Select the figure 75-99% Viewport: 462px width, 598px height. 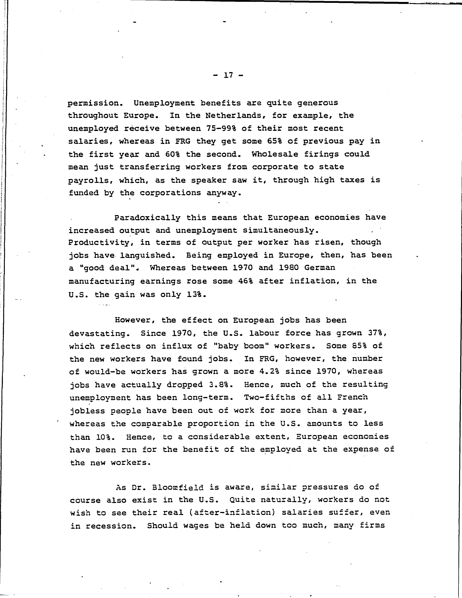point(221,128)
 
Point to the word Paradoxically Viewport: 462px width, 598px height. point(147,218)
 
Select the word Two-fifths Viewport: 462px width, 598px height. point(269,397)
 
